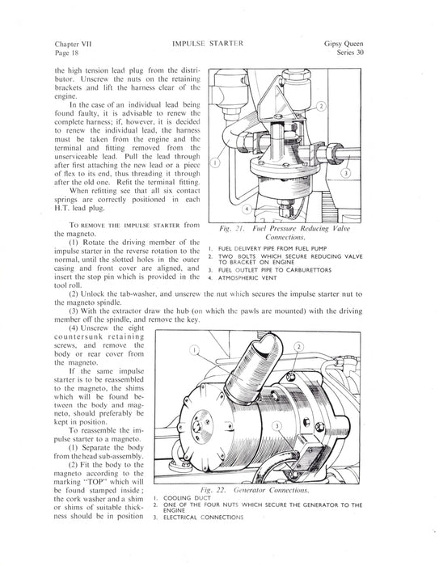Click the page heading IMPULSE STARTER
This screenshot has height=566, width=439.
click(x=208, y=44)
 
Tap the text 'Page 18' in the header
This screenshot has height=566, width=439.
click(x=66, y=53)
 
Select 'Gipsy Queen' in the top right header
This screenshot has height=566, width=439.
click(x=344, y=44)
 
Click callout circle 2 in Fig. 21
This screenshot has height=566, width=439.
click(x=321, y=106)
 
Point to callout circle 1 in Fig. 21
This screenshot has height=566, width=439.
click(x=215, y=163)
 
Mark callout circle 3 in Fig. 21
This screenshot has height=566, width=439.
click(x=345, y=173)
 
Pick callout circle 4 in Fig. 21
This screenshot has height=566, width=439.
click(x=247, y=209)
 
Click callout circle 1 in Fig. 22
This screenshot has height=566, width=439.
click(x=195, y=350)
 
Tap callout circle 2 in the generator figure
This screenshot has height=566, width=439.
click(x=299, y=347)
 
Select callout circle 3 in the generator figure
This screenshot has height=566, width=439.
click(x=277, y=426)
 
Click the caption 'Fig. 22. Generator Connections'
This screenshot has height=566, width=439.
click(x=255, y=490)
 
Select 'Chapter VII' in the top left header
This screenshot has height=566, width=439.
click(x=73, y=44)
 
